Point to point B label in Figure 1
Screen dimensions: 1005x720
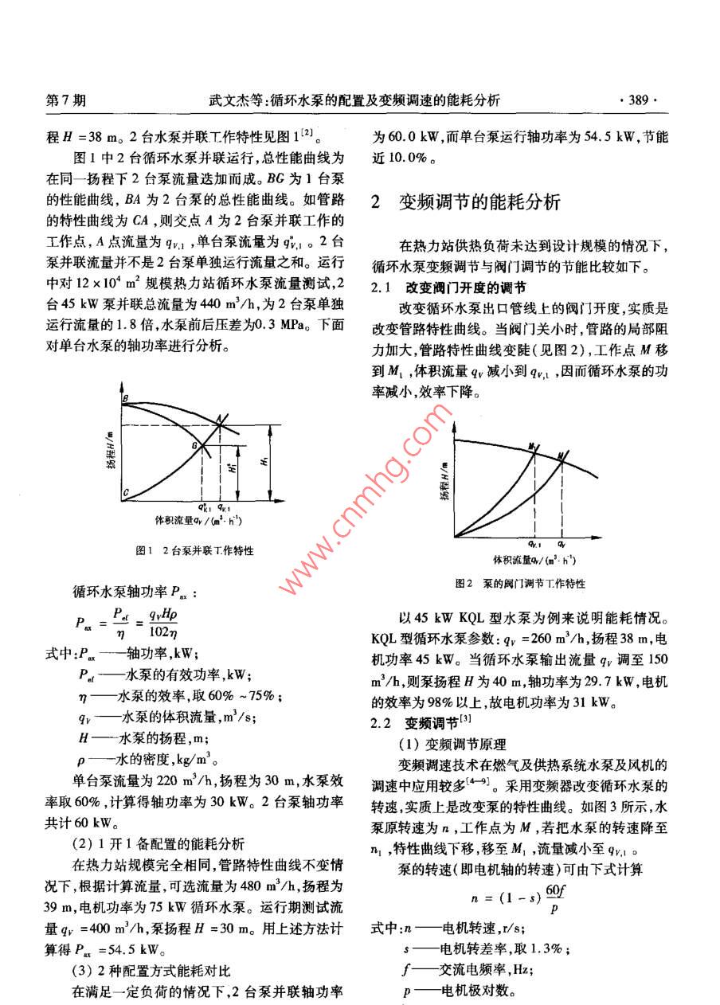coord(125,397)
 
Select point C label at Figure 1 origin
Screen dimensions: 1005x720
coord(125,494)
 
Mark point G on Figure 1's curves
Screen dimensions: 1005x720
coord(194,448)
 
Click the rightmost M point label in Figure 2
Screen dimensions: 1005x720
coord(563,455)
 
